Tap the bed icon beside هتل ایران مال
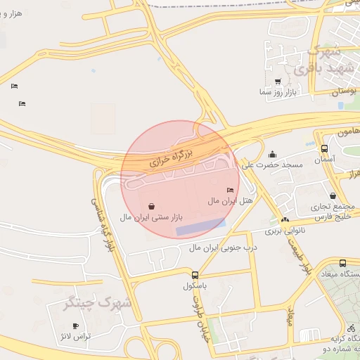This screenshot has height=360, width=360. (231, 190)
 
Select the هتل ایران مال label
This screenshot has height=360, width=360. (230, 201)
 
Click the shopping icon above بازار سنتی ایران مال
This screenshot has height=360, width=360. (153, 206)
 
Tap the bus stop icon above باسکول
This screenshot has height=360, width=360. (194, 275)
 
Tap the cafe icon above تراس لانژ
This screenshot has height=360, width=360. (76, 326)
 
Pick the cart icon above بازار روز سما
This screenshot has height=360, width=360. (278, 81)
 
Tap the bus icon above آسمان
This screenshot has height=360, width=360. (324, 148)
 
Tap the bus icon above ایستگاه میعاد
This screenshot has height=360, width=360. (342, 263)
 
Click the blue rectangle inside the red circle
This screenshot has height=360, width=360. (200, 227)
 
